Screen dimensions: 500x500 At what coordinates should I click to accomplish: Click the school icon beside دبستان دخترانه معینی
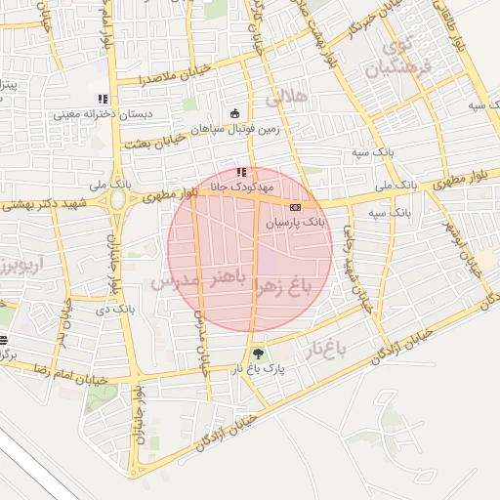click(103, 99)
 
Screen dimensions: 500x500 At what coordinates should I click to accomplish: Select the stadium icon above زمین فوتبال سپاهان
click(234, 112)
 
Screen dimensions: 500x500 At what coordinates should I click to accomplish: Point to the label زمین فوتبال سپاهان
click(235, 128)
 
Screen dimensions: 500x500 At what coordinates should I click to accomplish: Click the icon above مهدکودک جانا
click(241, 173)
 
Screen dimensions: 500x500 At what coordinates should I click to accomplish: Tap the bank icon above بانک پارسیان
click(295, 206)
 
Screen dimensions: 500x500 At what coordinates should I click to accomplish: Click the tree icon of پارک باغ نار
click(258, 354)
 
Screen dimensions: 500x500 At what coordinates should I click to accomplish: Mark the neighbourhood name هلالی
click(287, 97)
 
